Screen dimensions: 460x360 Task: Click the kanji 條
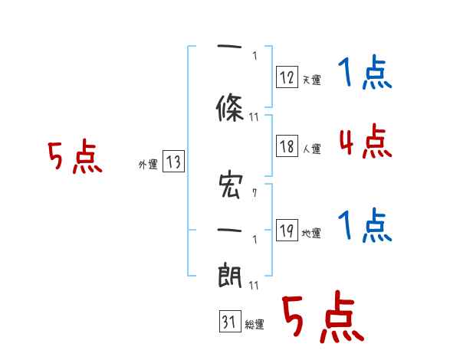click(231, 108)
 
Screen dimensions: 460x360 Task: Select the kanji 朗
click(231, 273)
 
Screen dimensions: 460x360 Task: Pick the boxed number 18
click(287, 146)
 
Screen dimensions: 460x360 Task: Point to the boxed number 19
click(287, 231)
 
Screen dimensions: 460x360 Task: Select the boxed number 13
click(173, 162)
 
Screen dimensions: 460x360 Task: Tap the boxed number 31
click(228, 322)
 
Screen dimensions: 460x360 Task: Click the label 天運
click(311, 80)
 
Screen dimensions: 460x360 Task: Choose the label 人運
click(311, 149)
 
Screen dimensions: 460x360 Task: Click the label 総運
click(255, 325)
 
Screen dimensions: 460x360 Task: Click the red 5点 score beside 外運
click(74, 158)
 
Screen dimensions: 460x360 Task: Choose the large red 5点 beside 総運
click(322, 319)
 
